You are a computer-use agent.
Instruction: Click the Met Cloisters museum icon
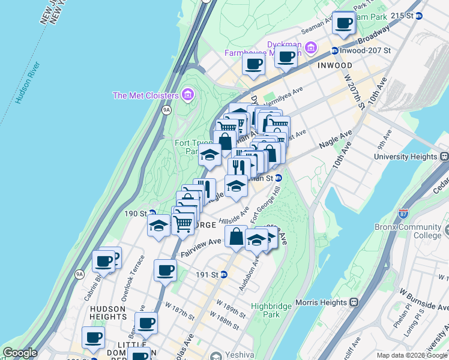click(187, 95)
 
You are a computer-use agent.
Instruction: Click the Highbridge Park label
click(266, 310)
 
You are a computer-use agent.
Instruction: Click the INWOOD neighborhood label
click(334, 65)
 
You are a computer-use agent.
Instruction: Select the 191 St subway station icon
click(224, 275)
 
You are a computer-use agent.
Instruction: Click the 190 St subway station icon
click(152, 213)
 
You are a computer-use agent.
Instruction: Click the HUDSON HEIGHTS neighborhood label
click(107, 309)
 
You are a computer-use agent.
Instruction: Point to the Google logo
click(20, 353)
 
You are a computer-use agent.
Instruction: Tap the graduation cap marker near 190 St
click(158, 226)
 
